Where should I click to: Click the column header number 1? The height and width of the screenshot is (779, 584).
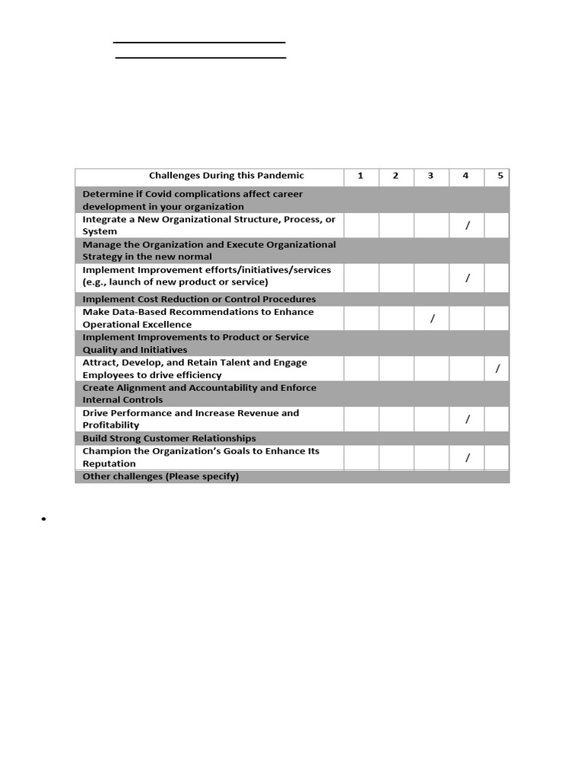pos(360,176)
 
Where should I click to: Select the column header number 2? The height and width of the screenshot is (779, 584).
pos(395,176)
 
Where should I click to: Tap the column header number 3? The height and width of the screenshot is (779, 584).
pos(430,176)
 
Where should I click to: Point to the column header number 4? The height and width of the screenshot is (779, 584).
pos(465,176)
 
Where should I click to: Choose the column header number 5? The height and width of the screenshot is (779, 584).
pos(500,176)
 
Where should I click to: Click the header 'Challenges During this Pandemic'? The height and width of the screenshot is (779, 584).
pos(226,176)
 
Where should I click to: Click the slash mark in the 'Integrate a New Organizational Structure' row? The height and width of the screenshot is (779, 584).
pos(468,224)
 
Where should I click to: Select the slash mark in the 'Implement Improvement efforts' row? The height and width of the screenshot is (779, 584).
pos(468,278)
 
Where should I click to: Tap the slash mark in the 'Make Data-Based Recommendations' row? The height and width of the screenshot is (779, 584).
pos(432,319)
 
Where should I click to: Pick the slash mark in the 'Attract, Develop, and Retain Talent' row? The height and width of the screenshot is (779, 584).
pos(497,369)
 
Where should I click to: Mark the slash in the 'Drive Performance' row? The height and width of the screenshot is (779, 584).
pos(468,419)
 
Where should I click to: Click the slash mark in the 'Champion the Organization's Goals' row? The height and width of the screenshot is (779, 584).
pos(468,457)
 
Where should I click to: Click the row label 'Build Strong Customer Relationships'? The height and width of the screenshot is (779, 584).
pos(169,438)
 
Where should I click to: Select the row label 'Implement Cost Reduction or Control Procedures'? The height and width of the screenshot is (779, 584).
pos(198,299)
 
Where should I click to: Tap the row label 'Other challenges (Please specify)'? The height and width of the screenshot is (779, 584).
pos(160,476)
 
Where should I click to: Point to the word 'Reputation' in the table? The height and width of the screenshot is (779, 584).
pos(109,463)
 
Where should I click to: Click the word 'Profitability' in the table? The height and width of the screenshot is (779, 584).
pos(111,425)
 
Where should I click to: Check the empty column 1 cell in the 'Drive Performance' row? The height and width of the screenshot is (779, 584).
pos(360,419)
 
